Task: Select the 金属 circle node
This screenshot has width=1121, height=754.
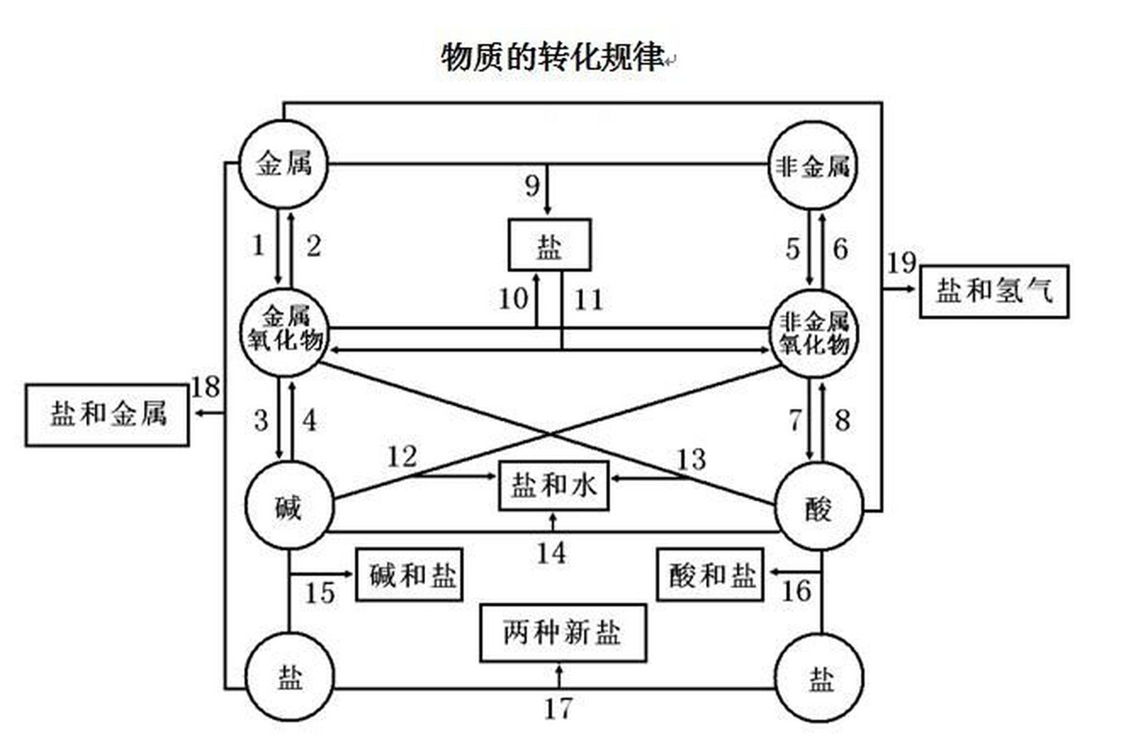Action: pos(283,164)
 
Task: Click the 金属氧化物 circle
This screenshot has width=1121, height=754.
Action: pos(285,333)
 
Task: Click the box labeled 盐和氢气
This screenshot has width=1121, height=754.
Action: pos(994,292)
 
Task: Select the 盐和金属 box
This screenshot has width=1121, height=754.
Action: pos(107,415)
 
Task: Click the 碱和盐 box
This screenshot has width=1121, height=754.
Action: pos(409,575)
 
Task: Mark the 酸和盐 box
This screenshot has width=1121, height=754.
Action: pos(710,575)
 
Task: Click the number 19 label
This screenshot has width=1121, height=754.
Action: pos(901,263)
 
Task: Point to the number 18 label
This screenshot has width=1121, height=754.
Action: pos(206,387)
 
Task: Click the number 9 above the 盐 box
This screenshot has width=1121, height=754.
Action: pos(532,187)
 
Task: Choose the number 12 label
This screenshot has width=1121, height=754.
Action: pos(402,457)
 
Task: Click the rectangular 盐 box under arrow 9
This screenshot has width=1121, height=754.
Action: pos(550,245)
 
